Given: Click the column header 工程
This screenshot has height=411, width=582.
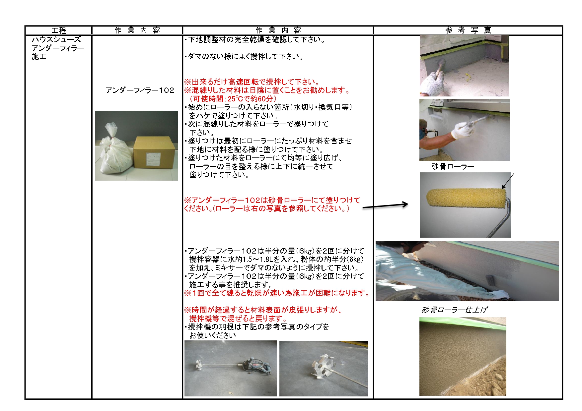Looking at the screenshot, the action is pos(59,30).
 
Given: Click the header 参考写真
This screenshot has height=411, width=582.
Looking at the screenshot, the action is pos(468,30).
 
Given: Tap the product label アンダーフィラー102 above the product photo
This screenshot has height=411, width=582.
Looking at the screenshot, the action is pos(140,90).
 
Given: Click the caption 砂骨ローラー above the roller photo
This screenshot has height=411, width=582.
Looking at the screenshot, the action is pos(453,166).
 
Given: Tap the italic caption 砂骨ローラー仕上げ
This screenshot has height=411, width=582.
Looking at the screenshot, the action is pos(454,310).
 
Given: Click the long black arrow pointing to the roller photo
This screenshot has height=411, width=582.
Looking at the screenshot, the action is pos(385,206).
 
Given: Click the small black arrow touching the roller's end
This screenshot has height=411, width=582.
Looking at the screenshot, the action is pos(508,181).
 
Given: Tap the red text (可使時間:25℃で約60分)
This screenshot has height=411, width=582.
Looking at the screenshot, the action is pos(233,99).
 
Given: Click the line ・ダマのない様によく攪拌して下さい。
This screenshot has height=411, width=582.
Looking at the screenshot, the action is pos(244,56).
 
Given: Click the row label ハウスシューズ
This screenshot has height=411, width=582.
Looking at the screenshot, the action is pos(56,39).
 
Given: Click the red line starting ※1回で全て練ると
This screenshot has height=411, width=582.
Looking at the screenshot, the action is pos(277,293).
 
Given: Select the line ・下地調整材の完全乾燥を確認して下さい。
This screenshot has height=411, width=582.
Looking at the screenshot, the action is pos(255,39).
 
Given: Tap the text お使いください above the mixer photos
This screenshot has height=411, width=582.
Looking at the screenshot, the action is pos(212,335).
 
